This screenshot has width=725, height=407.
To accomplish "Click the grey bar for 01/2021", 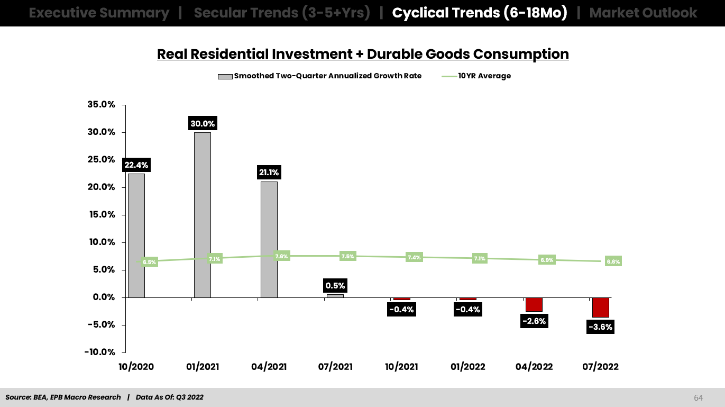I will (203, 214).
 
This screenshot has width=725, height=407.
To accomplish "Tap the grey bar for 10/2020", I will (136, 235).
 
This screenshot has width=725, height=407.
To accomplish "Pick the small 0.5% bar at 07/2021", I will (335, 296).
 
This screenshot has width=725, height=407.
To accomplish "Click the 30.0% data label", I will (203, 124).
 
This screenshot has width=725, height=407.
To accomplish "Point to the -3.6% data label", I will (600, 327).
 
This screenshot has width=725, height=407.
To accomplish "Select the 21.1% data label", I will (269, 173).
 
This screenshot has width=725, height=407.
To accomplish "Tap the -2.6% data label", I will (534, 321).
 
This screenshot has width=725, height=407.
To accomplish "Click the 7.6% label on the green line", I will (282, 256).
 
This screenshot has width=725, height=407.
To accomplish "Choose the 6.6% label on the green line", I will (613, 261).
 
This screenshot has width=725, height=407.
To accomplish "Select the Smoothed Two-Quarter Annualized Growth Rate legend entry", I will (320, 76).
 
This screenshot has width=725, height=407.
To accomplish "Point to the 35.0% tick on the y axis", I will (101, 105).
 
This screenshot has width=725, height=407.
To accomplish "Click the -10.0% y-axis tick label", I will (100, 352).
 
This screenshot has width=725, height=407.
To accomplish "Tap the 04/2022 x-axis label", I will (534, 367).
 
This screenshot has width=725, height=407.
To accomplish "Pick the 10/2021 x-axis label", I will (401, 367).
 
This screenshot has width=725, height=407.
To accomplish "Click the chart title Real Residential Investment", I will (363, 54).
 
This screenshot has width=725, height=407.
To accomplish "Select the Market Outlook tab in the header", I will (643, 13).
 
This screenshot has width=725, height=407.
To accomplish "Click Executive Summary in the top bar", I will (99, 13).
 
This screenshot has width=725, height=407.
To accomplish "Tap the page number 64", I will (699, 397).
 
